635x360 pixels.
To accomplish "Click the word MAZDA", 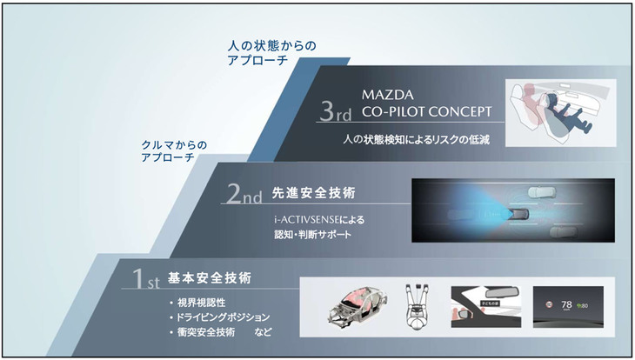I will tap(386, 92).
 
